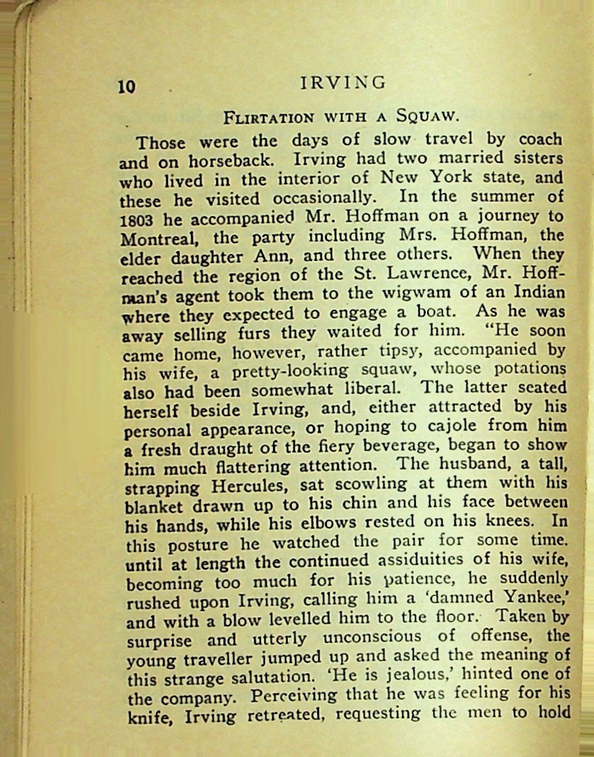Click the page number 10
point(127,87)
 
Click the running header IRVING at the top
point(343,82)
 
